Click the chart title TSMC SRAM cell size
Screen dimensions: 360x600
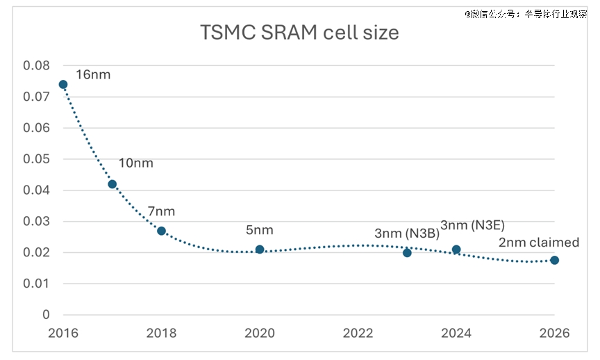tap(299, 33)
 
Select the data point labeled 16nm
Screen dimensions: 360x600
tap(63, 85)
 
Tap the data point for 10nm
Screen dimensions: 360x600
tap(112, 184)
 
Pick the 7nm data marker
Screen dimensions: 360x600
tap(161, 231)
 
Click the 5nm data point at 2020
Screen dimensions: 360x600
tap(260, 249)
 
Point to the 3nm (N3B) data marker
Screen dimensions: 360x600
tap(407, 252)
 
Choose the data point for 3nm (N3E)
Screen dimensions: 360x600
tap(456, 249)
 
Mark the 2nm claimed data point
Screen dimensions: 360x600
tap(554, 260)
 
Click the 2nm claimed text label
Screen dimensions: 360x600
tap(538, 243)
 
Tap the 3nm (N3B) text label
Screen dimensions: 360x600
tap(407, 234)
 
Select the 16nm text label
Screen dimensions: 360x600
tap(93, 74)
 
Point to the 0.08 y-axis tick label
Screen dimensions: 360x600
tap(37, 65)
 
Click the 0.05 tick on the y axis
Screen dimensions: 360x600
tap(37, 159)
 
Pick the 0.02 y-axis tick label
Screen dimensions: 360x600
tap(37, 252)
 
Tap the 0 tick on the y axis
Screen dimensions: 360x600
tap(46, 315)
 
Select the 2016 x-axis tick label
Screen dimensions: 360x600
tap(63, 333)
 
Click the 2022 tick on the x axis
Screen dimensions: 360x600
tap(358, 333)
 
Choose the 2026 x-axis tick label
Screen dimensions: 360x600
tap(554, 333)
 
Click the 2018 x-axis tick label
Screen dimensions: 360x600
tap(161, 333)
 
